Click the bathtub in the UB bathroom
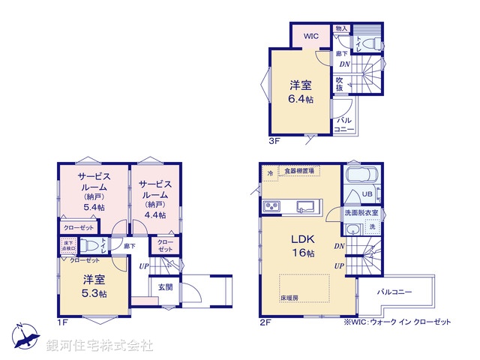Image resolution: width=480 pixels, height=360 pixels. (x=362, y=178)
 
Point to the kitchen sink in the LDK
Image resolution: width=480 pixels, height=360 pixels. (x=307, y=206)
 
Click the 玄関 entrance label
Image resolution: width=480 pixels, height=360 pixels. (x=166, y=286)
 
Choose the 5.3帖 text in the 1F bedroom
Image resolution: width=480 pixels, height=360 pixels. (x=94, y=294)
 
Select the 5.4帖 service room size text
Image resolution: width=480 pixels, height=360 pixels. (x=94, y=208)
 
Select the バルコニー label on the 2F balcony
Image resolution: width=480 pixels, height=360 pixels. (x=394, y=291)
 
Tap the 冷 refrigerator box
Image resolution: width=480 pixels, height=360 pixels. (x=270, y=174)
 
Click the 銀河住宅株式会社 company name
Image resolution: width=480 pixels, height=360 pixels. (x=99, y=346)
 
